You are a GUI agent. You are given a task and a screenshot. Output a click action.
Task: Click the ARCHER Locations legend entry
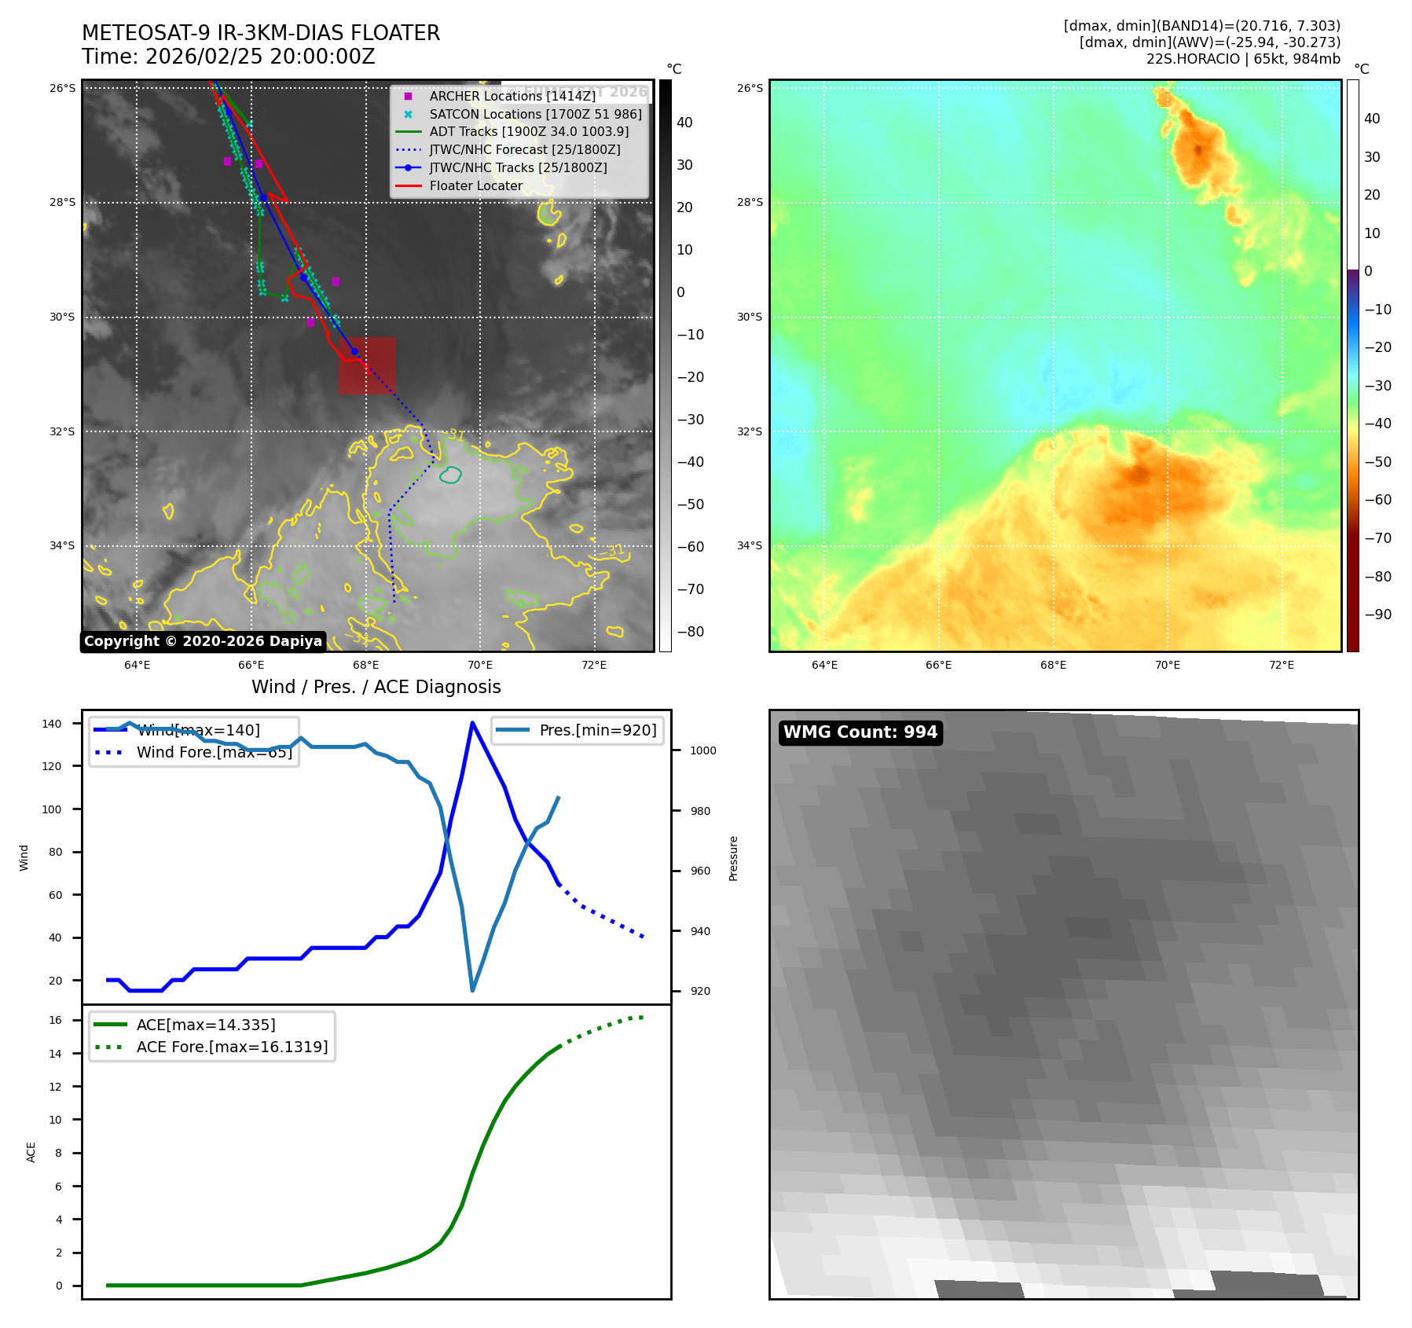click(512, 96)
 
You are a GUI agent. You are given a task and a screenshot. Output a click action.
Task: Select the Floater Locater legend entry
click(475, 185)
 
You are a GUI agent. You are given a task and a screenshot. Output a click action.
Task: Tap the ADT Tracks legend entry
click(529, 131)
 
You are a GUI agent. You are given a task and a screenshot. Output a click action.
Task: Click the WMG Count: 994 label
click(860, 732)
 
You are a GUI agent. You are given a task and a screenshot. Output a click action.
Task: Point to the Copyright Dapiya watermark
click(203, 641)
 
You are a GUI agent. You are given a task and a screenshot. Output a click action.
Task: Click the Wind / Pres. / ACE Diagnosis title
click(376, 687)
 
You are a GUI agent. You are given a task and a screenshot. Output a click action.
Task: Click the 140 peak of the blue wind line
click(472, 723)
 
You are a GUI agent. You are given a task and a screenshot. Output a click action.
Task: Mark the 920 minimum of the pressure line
click(472, 990)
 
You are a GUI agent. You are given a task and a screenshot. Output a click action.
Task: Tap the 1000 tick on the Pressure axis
click(702, 750)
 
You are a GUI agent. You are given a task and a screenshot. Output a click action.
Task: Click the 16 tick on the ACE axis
click(56, 1020)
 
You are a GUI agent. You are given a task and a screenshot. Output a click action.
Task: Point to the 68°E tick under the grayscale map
click(365, 665)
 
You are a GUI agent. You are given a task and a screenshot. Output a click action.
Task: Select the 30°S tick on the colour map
click(749, 317)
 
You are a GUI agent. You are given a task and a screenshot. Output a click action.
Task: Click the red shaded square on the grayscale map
click(367, 365)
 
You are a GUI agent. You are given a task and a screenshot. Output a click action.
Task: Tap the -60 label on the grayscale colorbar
click(691, 547)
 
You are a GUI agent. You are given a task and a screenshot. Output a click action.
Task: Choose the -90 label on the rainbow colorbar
click(1377, 614)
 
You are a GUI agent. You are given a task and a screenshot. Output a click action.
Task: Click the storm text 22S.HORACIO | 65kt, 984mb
click(1243, 59)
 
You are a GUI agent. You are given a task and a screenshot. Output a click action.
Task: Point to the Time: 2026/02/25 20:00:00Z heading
click(229, 57)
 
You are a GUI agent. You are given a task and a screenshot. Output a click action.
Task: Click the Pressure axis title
click(733, 857)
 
